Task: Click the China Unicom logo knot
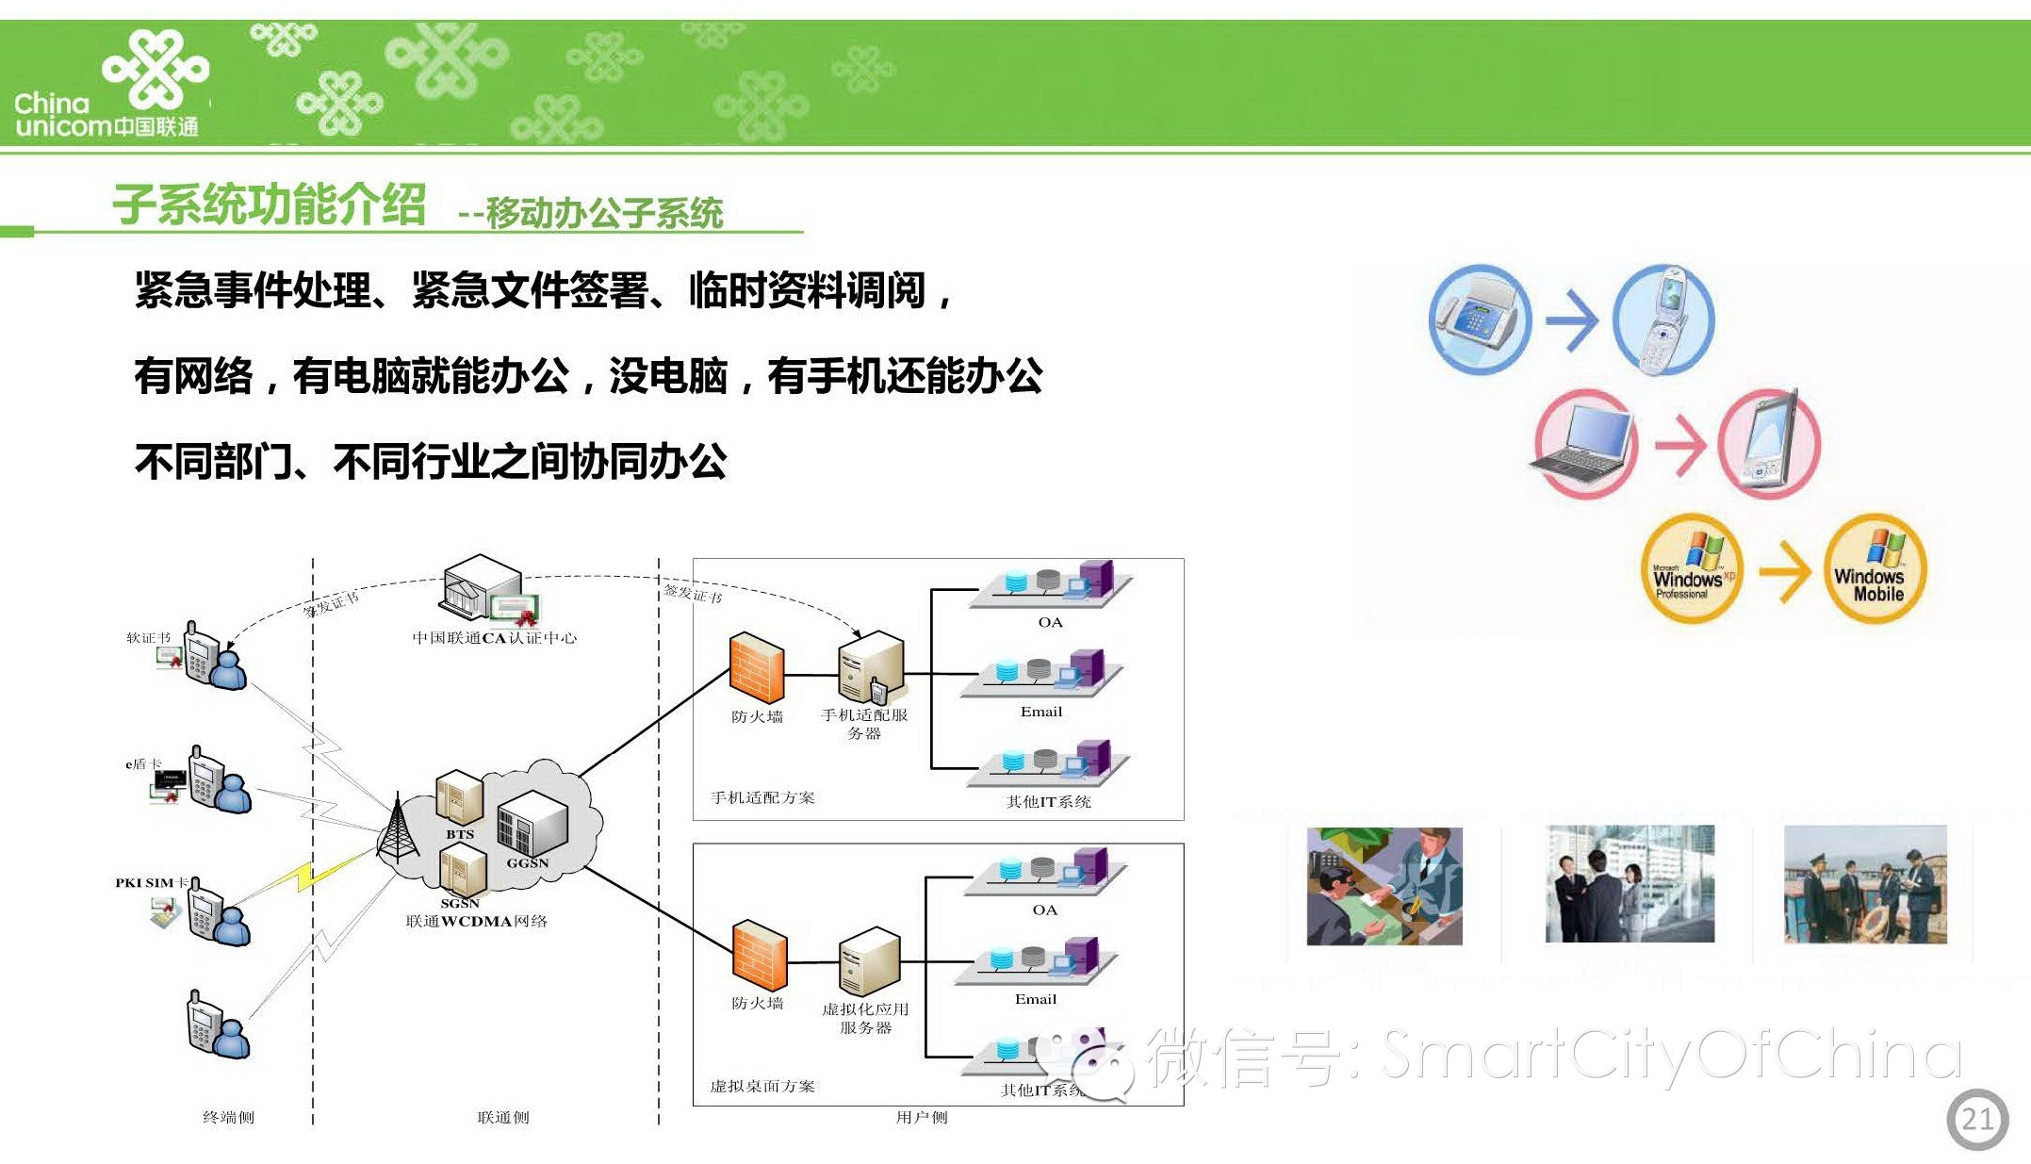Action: [156, 68]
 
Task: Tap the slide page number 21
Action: [1976, 1119]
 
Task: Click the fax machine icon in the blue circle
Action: [1479, 319]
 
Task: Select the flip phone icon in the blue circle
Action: [1663, 319]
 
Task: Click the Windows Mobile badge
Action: [1875, 568]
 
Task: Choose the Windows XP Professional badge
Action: [1692, 568]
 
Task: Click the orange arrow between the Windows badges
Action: [1784, 570]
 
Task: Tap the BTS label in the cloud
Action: [460, 834]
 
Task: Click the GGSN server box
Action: [532, 822]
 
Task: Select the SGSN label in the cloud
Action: [460, 903]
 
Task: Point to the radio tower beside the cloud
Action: [398, 828]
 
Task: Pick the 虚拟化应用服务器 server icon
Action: [869, 961]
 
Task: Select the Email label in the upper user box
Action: [1040, 712]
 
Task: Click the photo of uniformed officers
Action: [1865, 884]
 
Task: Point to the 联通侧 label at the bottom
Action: [503, 1117]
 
